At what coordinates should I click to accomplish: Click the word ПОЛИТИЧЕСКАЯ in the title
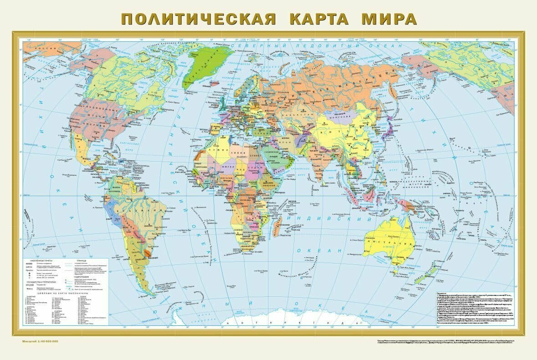tap(198, 19)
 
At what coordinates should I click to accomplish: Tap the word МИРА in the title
tap(389, 19)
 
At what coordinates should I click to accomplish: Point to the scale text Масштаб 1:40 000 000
tap(41, 341)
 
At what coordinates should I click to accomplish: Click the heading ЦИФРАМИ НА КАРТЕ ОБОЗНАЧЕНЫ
tap(66, 293)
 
